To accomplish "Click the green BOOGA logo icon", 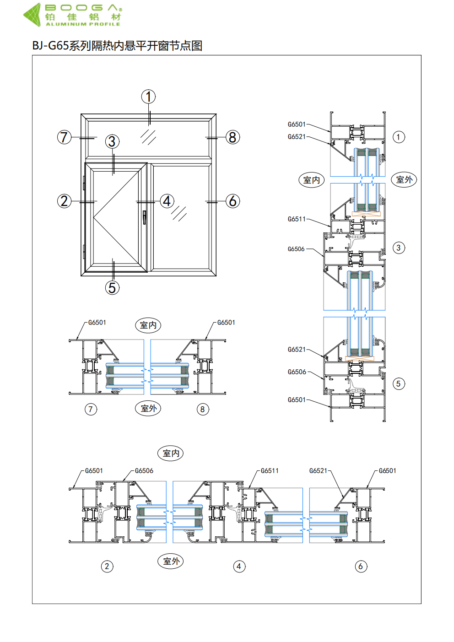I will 32,15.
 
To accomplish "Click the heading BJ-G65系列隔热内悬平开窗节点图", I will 117,46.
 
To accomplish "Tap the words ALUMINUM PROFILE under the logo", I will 83,24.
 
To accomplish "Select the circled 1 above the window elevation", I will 148,97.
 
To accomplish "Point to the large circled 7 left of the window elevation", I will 65,137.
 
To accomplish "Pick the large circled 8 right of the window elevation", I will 232,137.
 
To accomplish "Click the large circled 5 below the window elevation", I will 112,288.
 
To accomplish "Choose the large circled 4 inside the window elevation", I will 167,201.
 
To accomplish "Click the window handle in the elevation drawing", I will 144,217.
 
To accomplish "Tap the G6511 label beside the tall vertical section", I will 297,219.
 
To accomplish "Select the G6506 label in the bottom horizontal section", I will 144,471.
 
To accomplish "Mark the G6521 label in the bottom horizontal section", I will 318,471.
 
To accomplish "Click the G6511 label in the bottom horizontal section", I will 270,471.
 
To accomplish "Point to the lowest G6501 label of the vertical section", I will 297,400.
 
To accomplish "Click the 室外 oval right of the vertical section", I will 404,180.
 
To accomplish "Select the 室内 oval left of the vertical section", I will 312,180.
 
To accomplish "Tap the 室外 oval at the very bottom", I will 171,561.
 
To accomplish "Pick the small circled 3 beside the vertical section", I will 399,248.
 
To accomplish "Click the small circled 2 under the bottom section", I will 107,566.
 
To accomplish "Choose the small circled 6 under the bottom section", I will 361,566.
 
